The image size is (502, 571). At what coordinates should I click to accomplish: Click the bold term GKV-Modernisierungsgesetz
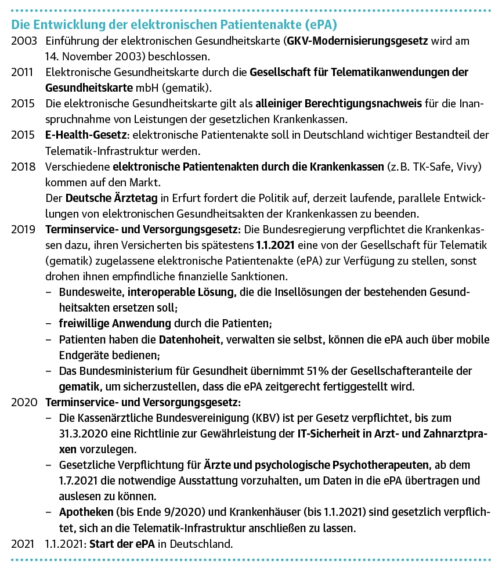coord(357,42)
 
